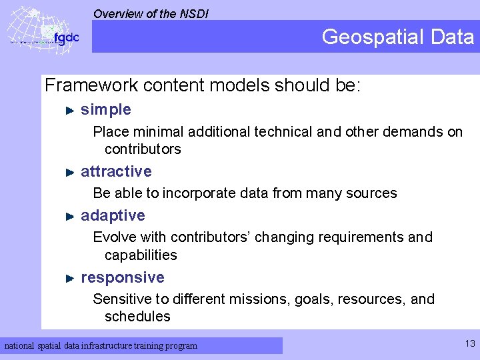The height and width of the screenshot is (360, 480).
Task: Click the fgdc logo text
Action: pos(66,38)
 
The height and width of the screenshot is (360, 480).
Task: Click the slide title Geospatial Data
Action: pos(397,37)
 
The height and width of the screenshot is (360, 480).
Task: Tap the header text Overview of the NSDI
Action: pos(151,13)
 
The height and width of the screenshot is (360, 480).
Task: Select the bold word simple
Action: pos(105,109)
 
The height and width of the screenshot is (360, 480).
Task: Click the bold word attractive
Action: pos(116,171)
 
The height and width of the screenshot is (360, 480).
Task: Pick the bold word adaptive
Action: pos(113,215)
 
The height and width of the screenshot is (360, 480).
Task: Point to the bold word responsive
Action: pos(122,277)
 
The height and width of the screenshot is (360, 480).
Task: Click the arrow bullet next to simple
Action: pos(69,110)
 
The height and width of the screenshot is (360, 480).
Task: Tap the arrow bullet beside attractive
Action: pos(69,172)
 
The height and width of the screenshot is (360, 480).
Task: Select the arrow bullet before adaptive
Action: pos(69,216)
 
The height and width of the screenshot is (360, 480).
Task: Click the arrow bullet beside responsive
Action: pos(69,278)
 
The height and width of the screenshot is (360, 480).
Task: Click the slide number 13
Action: pos(470,344)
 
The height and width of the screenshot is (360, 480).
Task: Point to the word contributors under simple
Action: pos(143,149)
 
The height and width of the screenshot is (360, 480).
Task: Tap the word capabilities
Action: pos(141,255)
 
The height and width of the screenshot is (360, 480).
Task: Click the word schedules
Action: pos(137,317)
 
